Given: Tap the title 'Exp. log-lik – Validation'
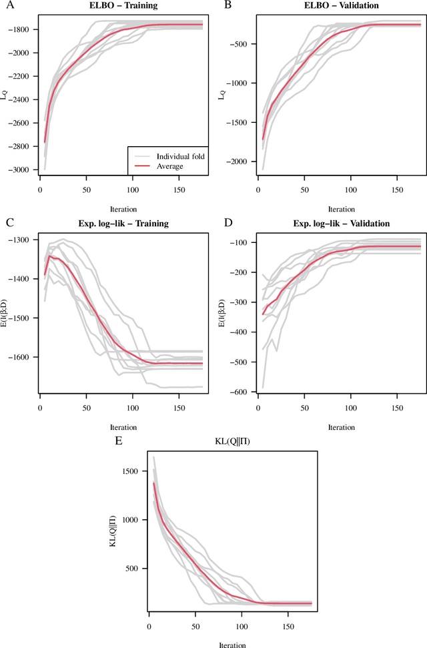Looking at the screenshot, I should pos(331,223).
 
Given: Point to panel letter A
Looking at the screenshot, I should pos(9,6).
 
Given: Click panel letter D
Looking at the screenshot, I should pos(228,222).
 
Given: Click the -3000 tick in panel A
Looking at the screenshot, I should pos(21,170).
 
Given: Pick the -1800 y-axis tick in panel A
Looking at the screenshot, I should pos(21,30).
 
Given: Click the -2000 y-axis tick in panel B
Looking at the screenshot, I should pos(240,161).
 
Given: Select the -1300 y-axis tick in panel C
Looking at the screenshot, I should pos(21,240).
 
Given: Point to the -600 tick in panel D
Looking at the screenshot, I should pos(242,392).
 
